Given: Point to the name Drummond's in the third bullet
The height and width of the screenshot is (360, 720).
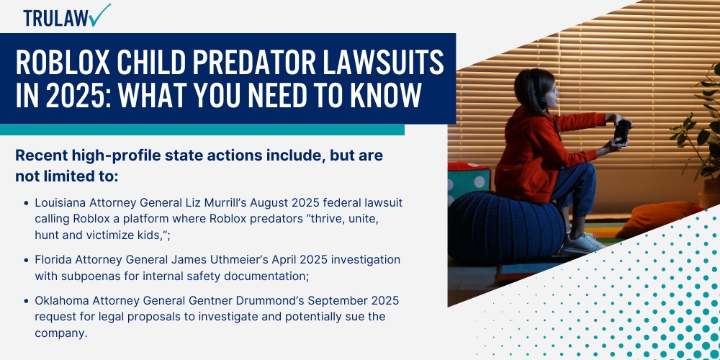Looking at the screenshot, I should point(281,300).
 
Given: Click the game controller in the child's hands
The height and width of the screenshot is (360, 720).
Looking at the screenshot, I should point(621,130).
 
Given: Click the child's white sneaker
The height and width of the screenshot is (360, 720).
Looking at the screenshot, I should point(582,242).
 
